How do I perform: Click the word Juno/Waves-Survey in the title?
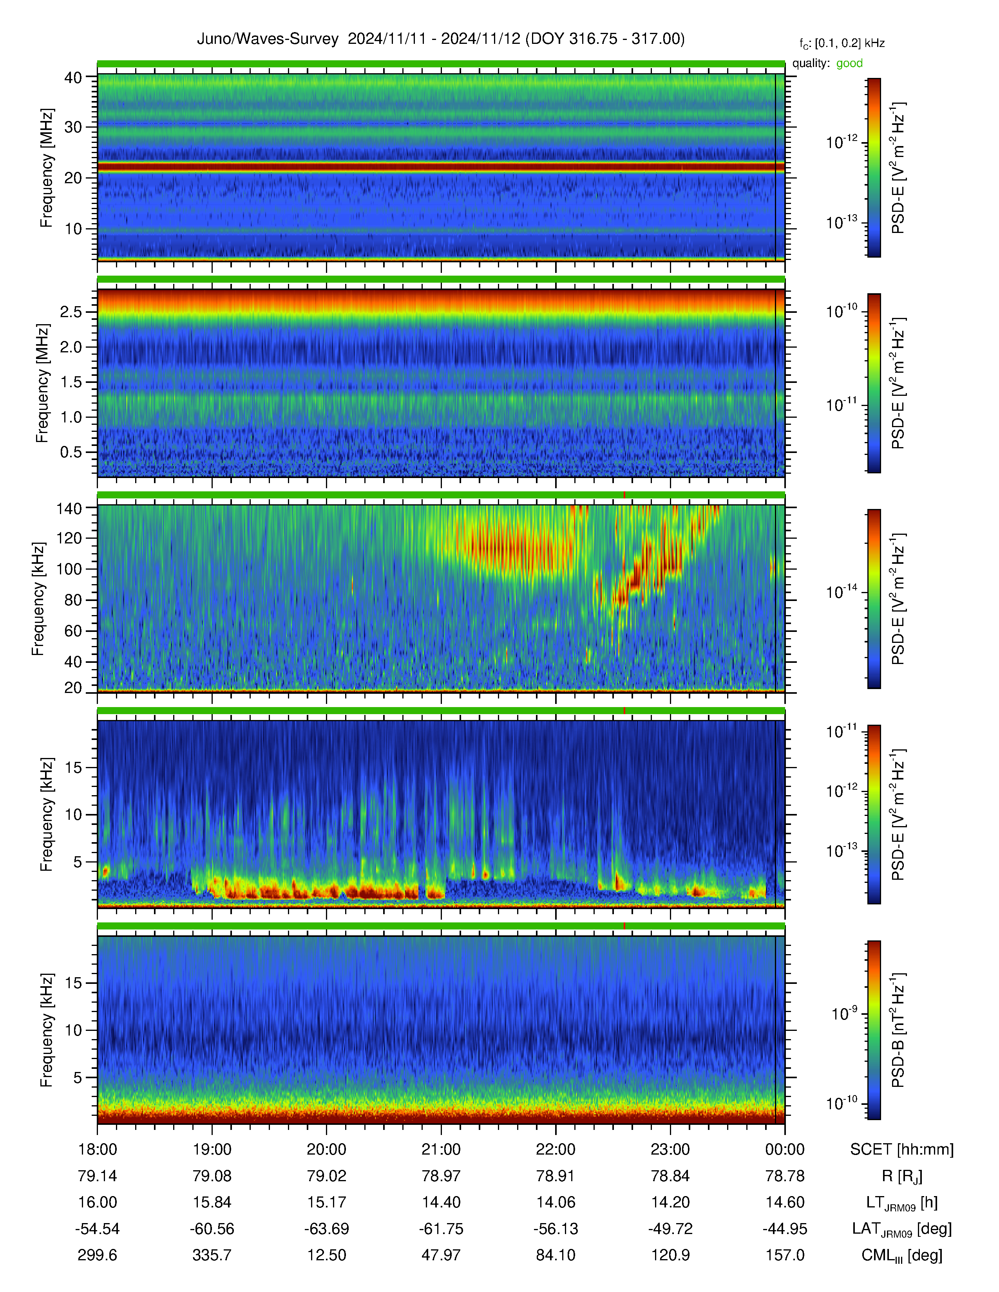[x=268, y=39]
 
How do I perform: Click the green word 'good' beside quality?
[x=849, y=63]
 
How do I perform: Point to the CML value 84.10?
[x=556, y=1255]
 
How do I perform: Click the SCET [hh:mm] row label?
[x=902, y=1149]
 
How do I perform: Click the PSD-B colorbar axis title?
[x=898, y=1029]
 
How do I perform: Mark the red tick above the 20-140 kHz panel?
[x=624, y=494]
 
